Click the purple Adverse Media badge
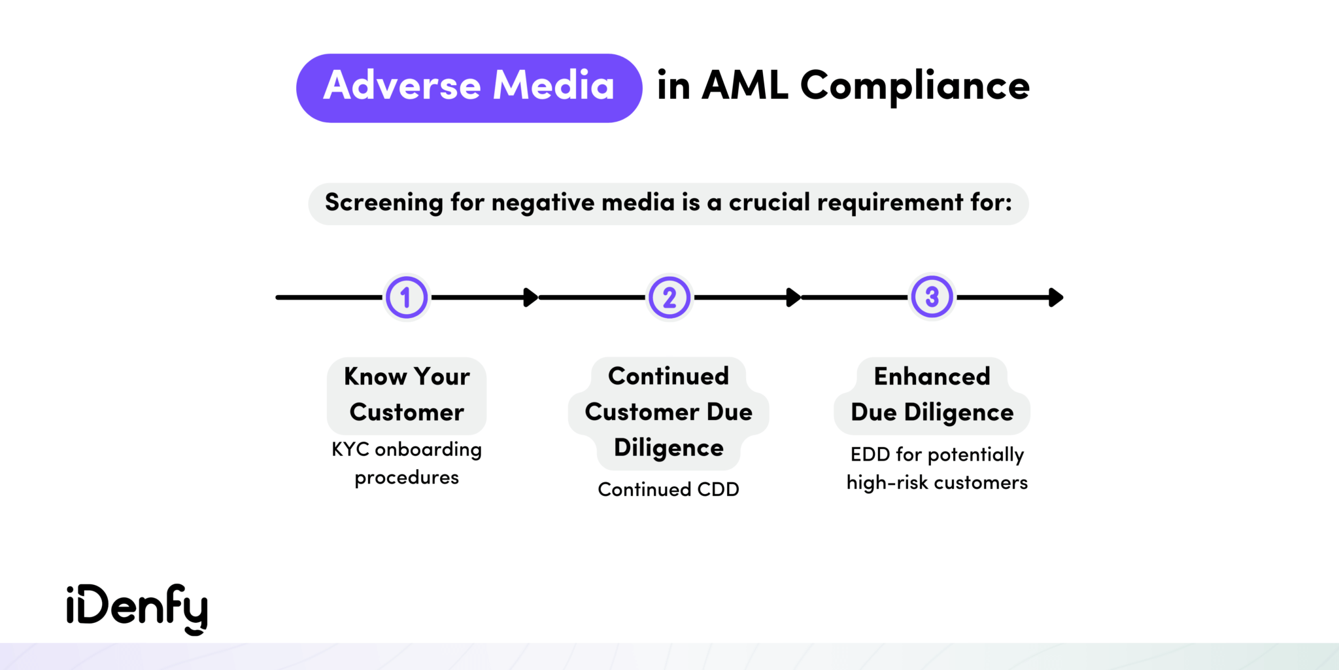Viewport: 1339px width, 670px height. coord(469,88)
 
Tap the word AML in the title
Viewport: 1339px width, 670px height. coord(745,85)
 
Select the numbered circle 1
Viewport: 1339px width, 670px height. coord(406,298)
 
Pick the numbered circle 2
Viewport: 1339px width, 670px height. coord(669,298)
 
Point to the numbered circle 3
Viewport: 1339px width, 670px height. coord(932,297)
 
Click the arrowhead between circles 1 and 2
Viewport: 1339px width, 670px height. coord(531,298)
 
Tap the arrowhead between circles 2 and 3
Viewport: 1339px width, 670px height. coord(794,298)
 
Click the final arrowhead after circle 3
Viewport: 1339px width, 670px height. coord(1056,298)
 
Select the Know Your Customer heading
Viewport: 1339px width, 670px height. coord(407,395)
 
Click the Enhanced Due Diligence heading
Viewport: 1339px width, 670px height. coord(932,395)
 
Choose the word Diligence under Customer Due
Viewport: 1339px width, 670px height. coord(669,448)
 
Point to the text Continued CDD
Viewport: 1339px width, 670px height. coord(668,489)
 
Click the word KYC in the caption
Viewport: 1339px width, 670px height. coord(350,450)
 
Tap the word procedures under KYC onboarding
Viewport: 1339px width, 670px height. coord(407,478)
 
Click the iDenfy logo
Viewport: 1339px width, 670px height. coord(137,608)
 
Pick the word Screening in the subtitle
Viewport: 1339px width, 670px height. coord(384,203)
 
